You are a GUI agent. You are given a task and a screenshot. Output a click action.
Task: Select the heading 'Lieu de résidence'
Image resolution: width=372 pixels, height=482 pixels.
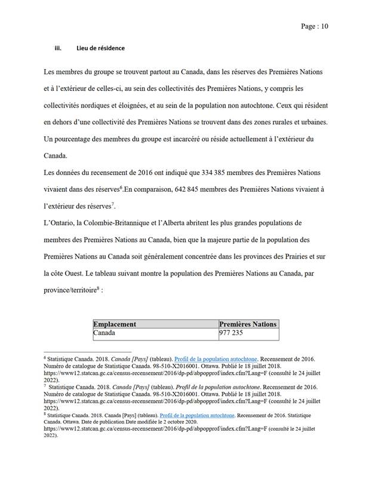pyautogui.click(x=100, y=48)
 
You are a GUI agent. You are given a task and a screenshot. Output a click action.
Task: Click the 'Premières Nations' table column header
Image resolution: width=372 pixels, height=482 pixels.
pyautogui.click(x=248, y=324)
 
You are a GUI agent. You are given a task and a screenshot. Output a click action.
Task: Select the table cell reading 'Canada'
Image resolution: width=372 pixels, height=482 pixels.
pyautogui.click(x=104, y=333)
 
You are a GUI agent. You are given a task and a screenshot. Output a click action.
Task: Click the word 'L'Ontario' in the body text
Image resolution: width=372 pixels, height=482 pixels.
pyautogui.click(x=60, y=223)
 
